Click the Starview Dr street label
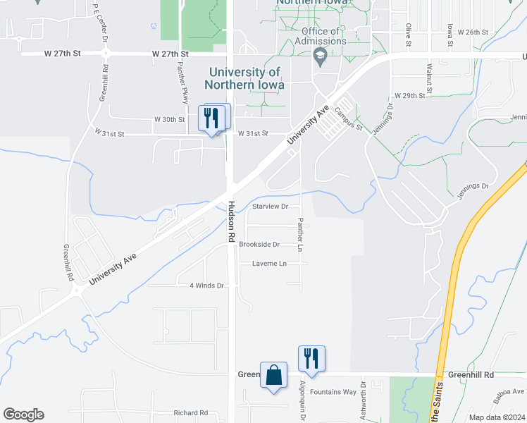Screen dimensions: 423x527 tap(271, 207)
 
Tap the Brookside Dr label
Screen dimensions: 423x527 tap(259, 245)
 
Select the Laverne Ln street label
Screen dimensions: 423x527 tap(270, 264)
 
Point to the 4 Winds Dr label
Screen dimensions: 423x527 tap(206, 286)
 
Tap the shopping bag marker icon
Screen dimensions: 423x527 tap(273, 374)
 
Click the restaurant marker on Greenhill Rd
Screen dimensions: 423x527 tap(311, 358)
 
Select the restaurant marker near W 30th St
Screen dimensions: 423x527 tap(213, 118)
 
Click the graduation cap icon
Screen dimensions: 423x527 tap(321, 56)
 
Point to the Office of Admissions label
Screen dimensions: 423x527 tap(323, 36)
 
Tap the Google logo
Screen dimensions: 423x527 tap(23, 415)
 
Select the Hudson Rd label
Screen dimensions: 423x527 tap(231, 222)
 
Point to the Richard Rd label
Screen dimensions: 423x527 tap(191, 412)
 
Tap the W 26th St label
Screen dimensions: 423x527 tap(473, 32)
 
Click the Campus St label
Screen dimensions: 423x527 tap(348, 118)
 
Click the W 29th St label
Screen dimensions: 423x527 tap(410, 95)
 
